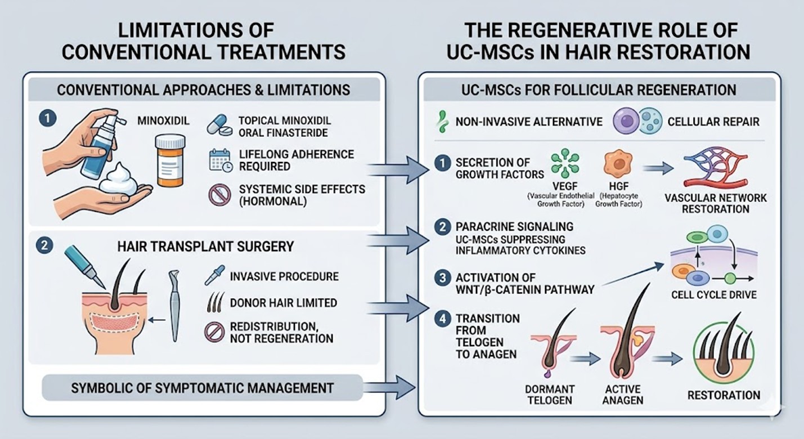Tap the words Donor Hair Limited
(283, 302)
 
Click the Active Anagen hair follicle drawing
(623, 343)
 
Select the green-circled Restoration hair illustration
(724, 355)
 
